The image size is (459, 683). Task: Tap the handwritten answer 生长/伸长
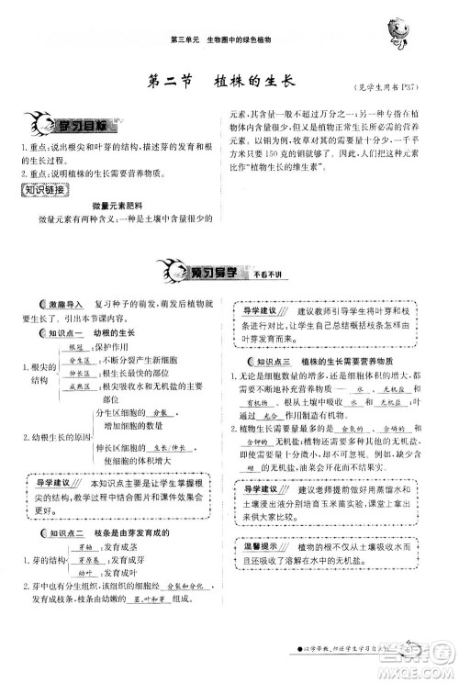(x=165, y=447)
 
